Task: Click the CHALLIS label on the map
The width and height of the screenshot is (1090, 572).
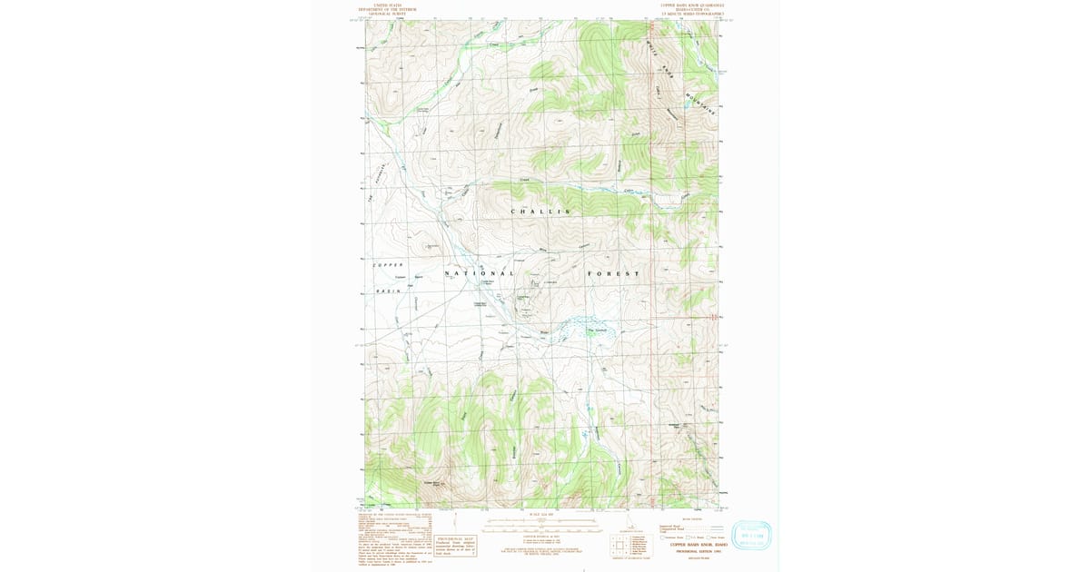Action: click(x=540, y=212)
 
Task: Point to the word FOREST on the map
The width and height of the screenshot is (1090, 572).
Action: click(x=613, y=273)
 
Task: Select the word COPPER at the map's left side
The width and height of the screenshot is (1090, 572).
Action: click(x=387, y=264)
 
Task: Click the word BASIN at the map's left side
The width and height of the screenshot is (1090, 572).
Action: click(x=388, y=291)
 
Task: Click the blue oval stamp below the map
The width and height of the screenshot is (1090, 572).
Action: click(x=751, y=536)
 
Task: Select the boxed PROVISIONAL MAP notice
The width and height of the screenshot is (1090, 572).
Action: click(x=454, y=543)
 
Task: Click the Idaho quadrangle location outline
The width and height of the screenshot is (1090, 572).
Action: click(x=629, y=524)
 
